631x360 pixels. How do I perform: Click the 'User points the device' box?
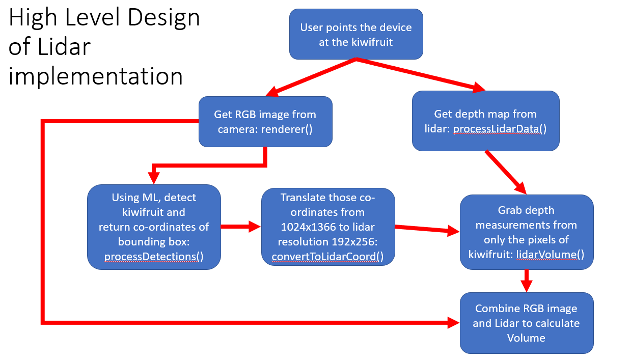(356, 34)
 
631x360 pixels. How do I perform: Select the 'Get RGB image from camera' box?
(265, 122)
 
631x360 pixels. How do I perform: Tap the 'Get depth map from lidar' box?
(486, 121)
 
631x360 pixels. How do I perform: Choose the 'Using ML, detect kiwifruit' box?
(154, 227)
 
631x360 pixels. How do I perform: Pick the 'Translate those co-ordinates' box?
(328, 227)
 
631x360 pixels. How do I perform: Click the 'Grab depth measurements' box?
(527, 232)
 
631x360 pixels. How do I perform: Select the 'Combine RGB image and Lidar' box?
(527, 323)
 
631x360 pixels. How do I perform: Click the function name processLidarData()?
(500, 129)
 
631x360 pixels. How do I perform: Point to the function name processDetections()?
(154, 257)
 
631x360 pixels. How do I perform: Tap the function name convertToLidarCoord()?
(327, 257)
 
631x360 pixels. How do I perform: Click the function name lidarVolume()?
(550, 255)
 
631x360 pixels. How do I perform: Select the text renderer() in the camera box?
(287, 129)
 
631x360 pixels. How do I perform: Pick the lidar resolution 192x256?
(354, 242)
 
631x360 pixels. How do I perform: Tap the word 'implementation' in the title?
(96, 76)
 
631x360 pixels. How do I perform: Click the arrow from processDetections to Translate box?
(241, 227)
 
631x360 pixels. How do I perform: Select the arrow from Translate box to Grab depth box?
(427, 229)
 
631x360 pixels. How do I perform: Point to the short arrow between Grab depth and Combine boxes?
(527, 281)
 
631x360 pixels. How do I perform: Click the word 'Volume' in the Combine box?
(526, 338)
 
